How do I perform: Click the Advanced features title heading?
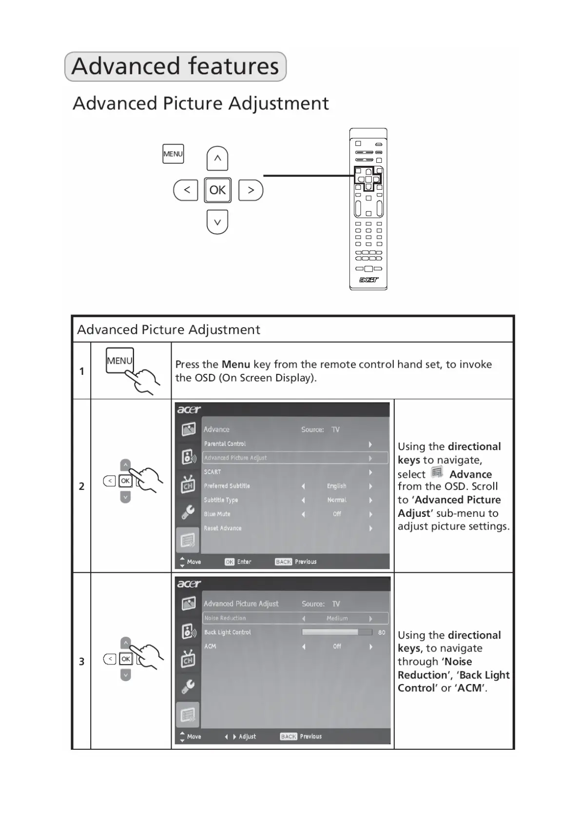[175, 66]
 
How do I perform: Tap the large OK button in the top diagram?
[217, 190]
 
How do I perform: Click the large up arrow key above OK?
[217, 158]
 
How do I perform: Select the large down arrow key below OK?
[217, 222]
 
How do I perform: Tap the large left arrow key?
[186, 190]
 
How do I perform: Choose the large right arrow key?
[251, 190]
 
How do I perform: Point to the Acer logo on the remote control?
[368, 280]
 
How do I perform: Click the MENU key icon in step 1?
[120, 361]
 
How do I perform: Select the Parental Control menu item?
[225, 444]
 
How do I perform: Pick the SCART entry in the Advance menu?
[213, 472]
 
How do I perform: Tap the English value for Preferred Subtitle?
[336, 486]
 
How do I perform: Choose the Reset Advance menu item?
[223, 528]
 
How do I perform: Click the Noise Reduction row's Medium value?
[337, 618]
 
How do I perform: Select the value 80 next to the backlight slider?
[382, 632]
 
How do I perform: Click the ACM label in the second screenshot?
[210, 646]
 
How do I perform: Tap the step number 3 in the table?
[81, 661]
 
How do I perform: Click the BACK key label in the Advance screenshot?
[283, 562]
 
